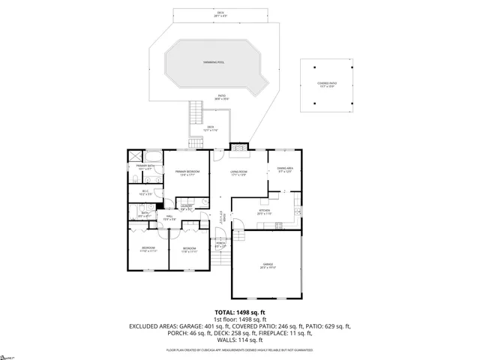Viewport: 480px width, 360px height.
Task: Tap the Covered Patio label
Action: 326,85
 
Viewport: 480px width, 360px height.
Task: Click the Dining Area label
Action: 285,169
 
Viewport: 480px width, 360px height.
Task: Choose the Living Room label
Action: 238,173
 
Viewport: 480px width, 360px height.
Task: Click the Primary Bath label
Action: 145,167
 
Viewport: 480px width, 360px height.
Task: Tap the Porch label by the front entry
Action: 220,244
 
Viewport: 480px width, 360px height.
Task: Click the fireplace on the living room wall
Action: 238,147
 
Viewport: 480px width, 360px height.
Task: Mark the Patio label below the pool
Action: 222,97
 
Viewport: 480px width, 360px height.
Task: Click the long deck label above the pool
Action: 221,13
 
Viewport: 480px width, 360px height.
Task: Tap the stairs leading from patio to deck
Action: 196,115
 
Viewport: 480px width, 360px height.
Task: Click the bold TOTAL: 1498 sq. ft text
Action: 240,311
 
